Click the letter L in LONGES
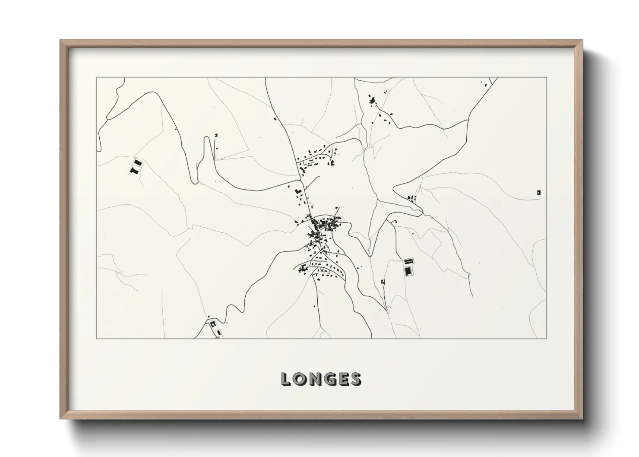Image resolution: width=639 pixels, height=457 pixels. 286,379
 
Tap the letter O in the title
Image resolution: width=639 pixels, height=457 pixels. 300,379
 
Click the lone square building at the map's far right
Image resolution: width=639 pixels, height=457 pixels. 538,192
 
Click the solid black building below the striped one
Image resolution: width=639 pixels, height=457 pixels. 407,271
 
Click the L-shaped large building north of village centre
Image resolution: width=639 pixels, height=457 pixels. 297,191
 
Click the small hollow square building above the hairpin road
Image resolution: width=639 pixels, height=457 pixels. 216,135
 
